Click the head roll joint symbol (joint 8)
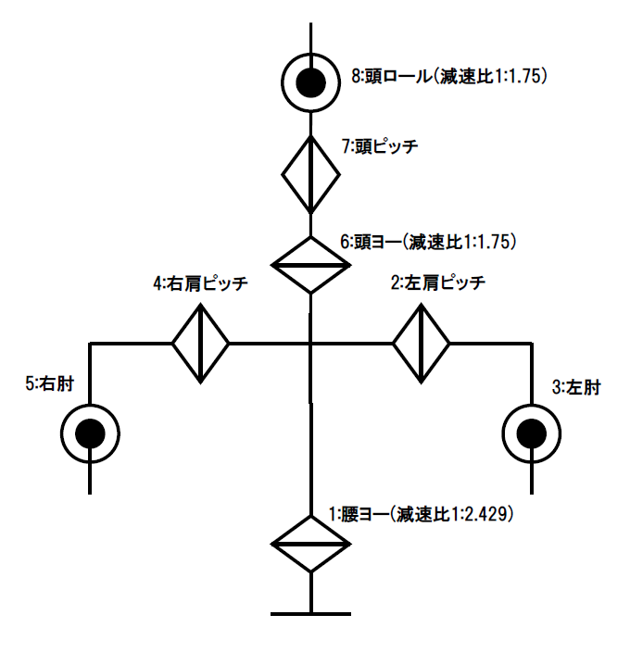(x=310, y=84)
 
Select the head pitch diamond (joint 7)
(x=310, y=173)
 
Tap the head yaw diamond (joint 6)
(x=310, y=266)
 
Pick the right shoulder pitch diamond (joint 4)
(x=200, y=344)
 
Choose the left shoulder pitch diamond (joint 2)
(x=421, y=344)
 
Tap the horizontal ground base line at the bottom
(x=310, y=613)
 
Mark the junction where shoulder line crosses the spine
(x=310, y=344)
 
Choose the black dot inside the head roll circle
(x=310, y=84)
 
